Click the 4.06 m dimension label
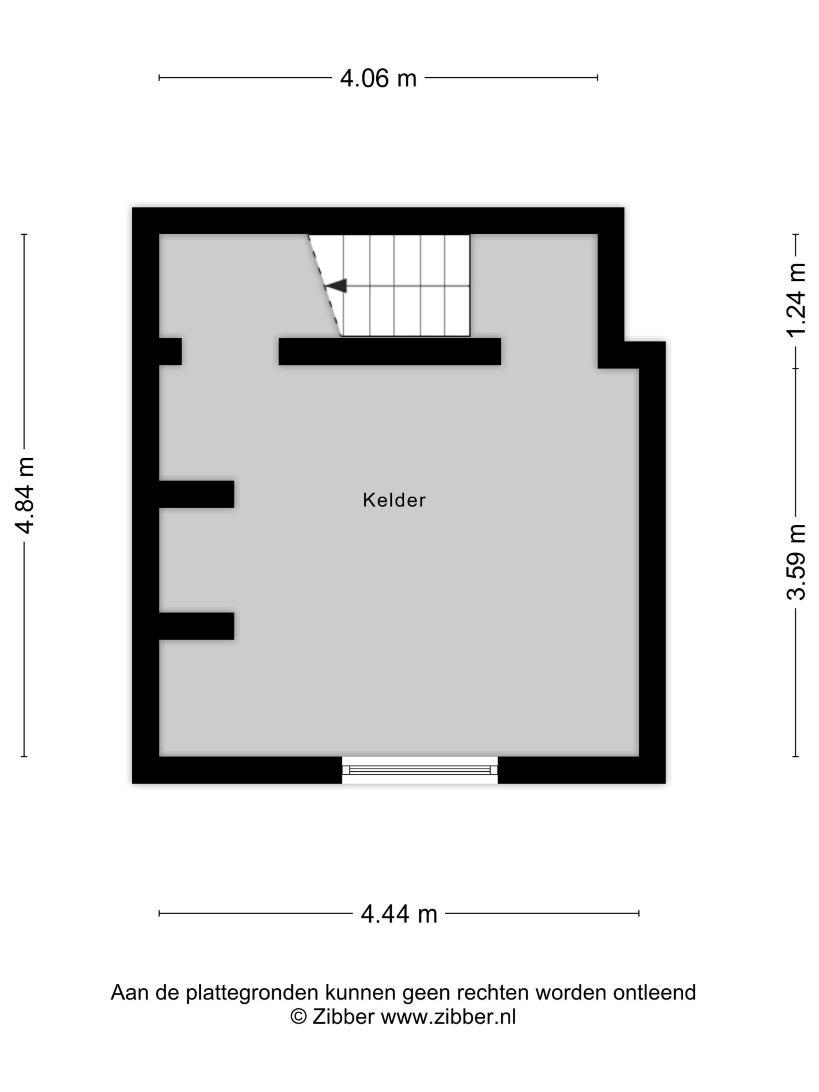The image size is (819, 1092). (378, 78)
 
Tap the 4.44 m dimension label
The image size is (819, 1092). (399, 914)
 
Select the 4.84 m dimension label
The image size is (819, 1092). (25, 495)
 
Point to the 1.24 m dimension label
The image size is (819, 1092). (796, 300)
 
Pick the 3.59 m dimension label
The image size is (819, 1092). (796, 562)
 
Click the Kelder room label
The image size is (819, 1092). (394, 500)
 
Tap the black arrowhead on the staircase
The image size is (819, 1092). (337, 286)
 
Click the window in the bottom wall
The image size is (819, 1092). (420, 770)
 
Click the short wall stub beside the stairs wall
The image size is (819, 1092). (170, 351)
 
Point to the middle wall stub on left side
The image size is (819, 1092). (196, 494)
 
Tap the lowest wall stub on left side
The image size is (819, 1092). (196, 626)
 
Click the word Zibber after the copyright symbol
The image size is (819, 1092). (343, 1017)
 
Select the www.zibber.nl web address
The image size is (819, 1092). (448, 1017)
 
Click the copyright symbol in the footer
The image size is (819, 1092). (298, 1017)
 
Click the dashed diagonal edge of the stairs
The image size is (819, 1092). (324, 286)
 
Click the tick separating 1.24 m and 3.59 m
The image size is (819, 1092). (795, 368)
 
